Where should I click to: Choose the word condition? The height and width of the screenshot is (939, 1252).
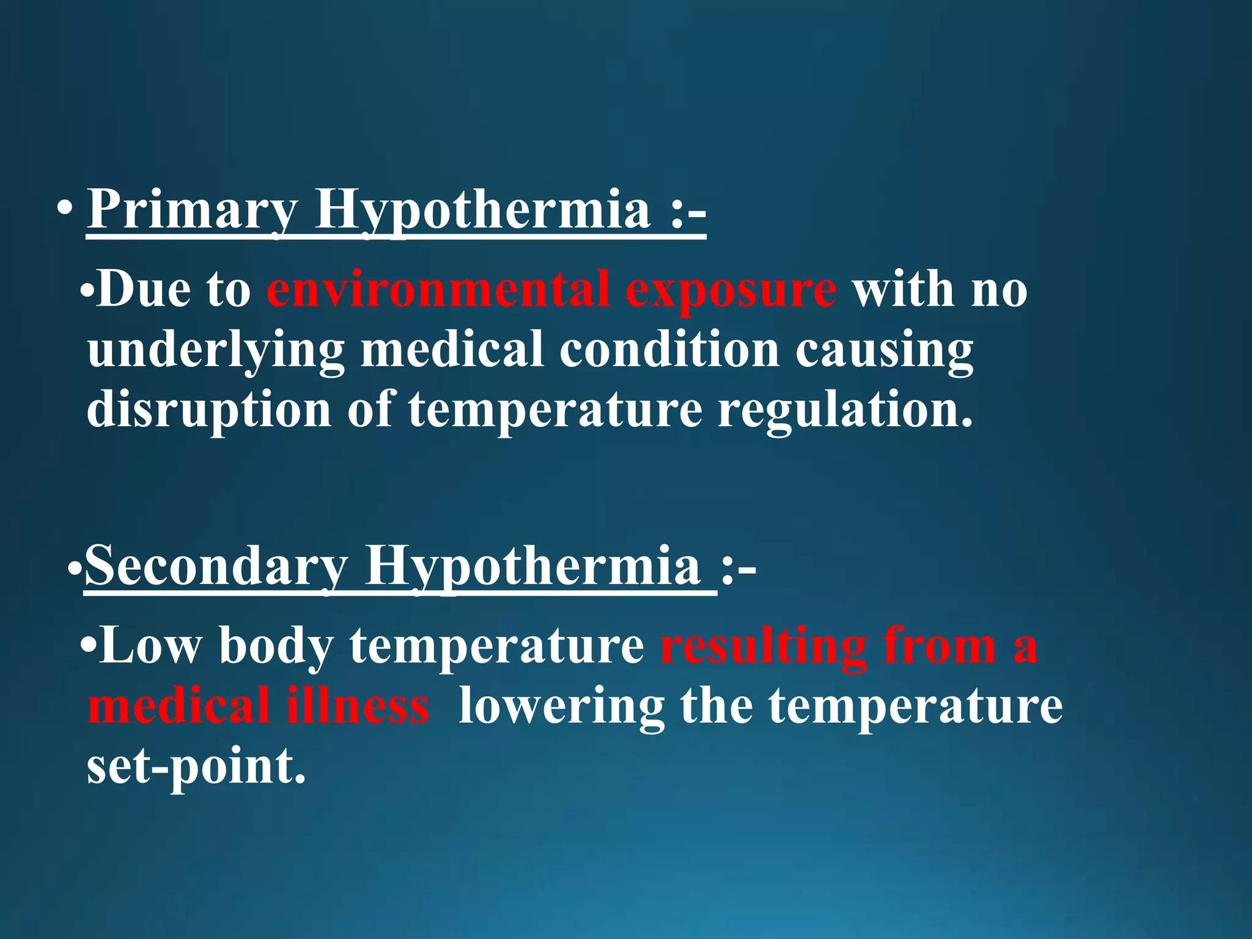tap(669, 349)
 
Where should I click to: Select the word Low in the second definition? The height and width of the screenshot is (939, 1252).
tap(150, 646)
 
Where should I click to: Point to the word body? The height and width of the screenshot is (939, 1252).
tap(275, 646)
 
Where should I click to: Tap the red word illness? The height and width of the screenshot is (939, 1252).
tap(358, 705)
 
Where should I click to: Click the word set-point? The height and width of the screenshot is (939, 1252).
tap(196, 767)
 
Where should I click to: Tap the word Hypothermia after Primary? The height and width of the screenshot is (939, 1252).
tap(483, 210)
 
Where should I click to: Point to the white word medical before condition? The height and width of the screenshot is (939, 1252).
tap(452, 349)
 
